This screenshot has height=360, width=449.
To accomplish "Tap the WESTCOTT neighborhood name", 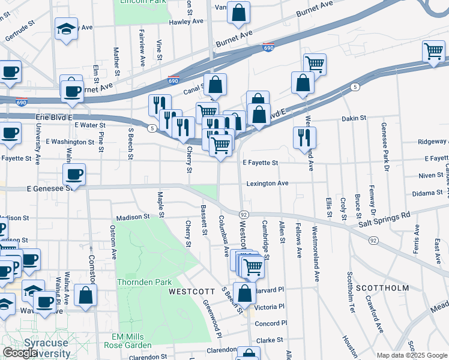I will [x=191, y=291].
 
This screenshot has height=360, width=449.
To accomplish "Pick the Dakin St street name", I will [x=354, y=119].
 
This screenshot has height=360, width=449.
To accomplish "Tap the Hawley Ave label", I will [x=187, y=21].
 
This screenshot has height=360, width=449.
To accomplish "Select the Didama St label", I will [x=427, y=193].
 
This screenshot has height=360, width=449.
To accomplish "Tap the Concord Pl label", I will [x=267, y=323].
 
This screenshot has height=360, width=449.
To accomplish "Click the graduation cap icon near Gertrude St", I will [x=65, y=29].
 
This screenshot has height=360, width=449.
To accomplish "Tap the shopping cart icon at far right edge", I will [x=433, y=52].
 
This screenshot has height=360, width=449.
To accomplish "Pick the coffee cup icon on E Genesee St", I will [x=74, y=175].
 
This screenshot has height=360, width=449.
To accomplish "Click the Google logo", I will [x=20, y=353].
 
